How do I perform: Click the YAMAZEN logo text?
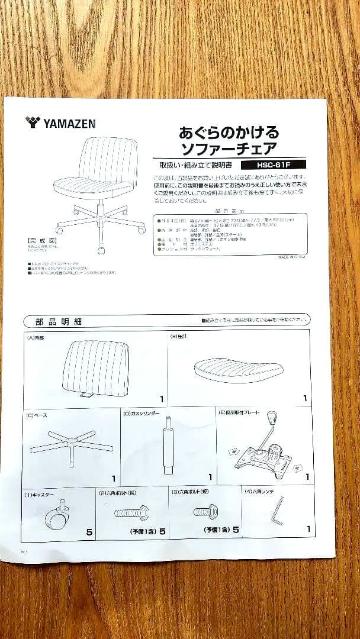click(69, 122)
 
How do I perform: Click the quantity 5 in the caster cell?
click(89, 532)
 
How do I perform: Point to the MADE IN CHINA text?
click(291, 257)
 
